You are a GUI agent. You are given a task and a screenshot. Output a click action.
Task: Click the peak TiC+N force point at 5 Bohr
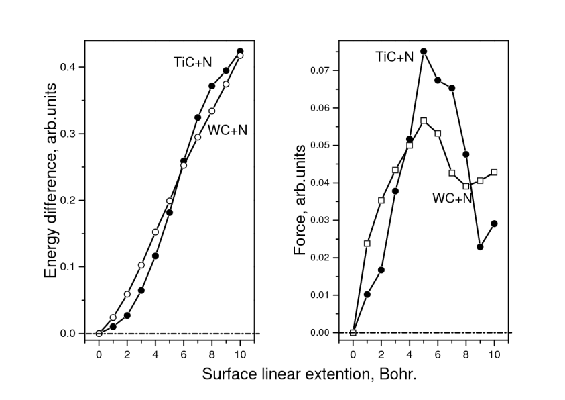[x=424, y=51]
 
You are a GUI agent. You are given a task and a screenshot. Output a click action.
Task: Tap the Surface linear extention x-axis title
[x=310, y=374]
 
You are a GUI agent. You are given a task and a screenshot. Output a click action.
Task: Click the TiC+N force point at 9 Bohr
[x=481, y=247]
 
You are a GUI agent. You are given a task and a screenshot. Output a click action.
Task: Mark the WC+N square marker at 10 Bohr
[x=495, y=172]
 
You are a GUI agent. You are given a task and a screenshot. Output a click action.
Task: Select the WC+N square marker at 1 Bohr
[x=367, y=243]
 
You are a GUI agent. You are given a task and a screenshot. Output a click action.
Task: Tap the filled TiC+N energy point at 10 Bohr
[x=240, y=52]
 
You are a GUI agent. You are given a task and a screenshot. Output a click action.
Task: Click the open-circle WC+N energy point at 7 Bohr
[x=198, y=137]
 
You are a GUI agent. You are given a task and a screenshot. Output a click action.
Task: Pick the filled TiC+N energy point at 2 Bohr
[x=127, y=315]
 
